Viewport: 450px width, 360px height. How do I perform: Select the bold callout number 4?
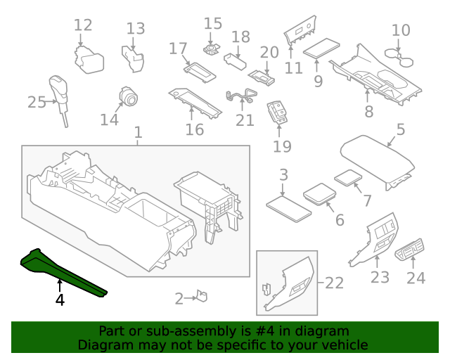(60, 300)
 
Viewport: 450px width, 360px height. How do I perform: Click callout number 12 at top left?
(83, 26)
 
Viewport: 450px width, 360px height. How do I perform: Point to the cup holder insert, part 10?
(400, 53)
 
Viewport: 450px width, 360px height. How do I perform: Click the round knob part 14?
(129, 96)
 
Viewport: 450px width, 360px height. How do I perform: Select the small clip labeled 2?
(201, 297)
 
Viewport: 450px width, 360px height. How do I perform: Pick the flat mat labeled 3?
(288, 206)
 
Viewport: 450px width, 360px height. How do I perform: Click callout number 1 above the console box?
(138, 132)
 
